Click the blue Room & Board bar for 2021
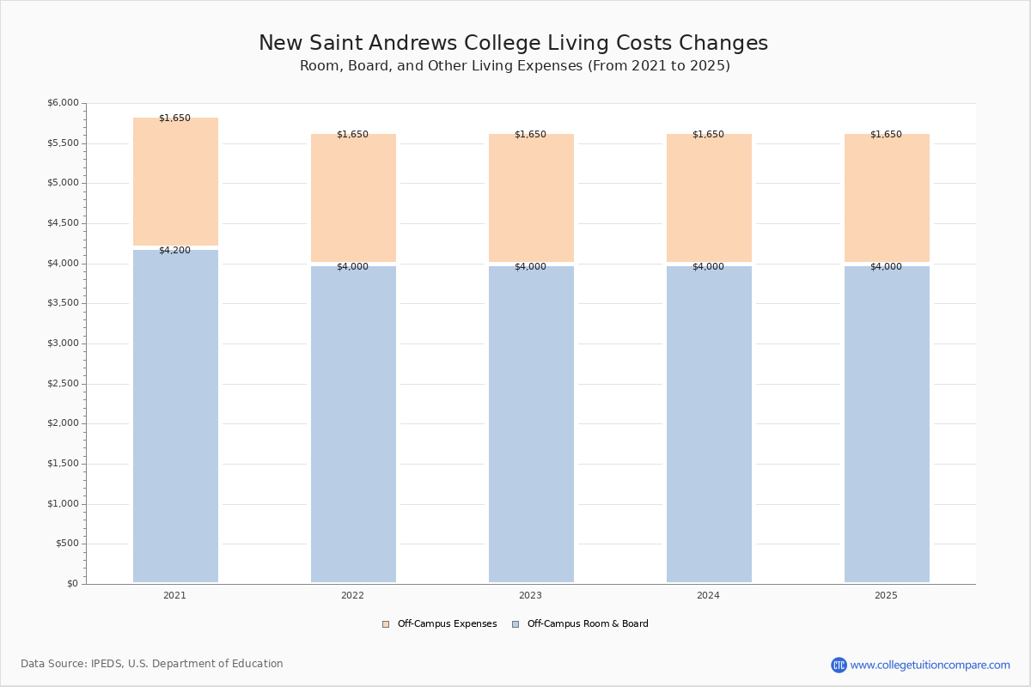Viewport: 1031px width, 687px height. [x=175, y=416]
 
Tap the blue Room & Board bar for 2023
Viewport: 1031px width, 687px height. [x=531, y=424]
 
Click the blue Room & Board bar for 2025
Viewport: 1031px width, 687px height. [x=887, y=424]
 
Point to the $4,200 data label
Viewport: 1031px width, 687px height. [x=174, y=251]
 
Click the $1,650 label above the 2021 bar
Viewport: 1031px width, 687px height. [x=174, y=119]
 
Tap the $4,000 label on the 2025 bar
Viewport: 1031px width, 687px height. [x=886, y=267]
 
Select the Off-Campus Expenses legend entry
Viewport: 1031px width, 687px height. [x=440, y=624]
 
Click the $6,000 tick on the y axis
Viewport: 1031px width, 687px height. [x=63, y=103]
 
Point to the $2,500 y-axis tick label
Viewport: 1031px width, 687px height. [x=63, y=384]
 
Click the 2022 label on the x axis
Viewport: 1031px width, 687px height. [x=352, y=596]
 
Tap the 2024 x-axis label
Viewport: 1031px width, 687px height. [x=708, y=596]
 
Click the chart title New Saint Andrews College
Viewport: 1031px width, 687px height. [x=513, y=44]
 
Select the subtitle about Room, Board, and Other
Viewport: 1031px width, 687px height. [x=515, y=66]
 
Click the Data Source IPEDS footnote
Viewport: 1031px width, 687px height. [x=152, y=664]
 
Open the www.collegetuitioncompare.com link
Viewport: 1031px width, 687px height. [x=930, y=665]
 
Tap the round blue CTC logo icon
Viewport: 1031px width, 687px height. [x=839, y=665]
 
